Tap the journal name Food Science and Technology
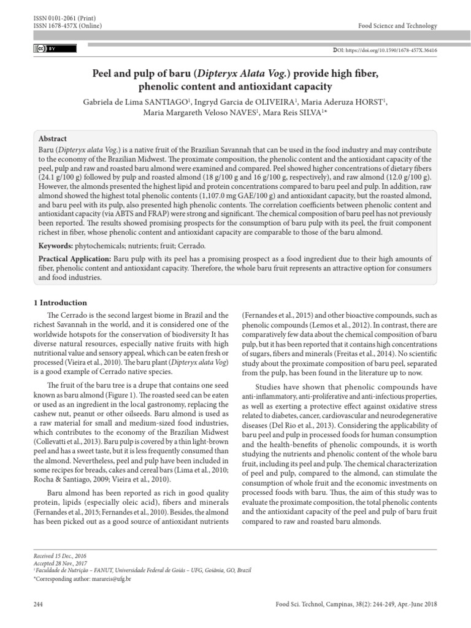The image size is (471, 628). coord(398,26)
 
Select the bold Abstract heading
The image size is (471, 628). coord(53,139)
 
